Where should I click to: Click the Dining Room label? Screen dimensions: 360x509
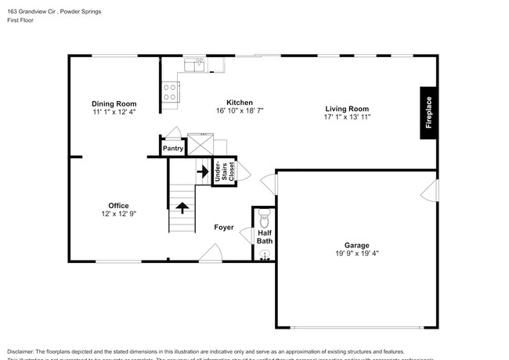pyautogui.click(x=114, y=103)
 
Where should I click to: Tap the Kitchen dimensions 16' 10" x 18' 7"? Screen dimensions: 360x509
pyautogui.click(x=239, y=111)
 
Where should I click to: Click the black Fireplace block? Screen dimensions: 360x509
pyautogui.click(x=428, y=113)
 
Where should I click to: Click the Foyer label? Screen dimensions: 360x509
pyautogui.click(x=224, y=228)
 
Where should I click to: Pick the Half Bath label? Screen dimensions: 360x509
pyautogui.click(x=265, y=236)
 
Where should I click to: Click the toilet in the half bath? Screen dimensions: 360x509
pyautogui.click(x=263, y=217)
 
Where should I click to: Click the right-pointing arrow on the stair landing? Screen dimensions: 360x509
pyautogui.click(x=202, y=169)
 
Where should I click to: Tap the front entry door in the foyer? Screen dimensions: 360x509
pyautogui.click(x=210, y=254)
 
